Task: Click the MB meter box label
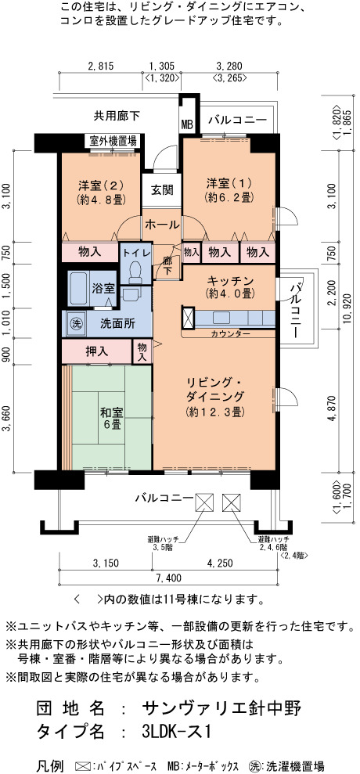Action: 187,124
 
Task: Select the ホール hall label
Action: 162,225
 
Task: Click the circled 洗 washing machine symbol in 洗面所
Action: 77,324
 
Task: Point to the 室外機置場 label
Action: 113,140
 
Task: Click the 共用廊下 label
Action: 117,117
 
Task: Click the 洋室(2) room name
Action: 100,185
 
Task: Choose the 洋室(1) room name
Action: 229,184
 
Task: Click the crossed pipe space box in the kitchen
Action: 189,318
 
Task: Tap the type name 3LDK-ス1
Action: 177,731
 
